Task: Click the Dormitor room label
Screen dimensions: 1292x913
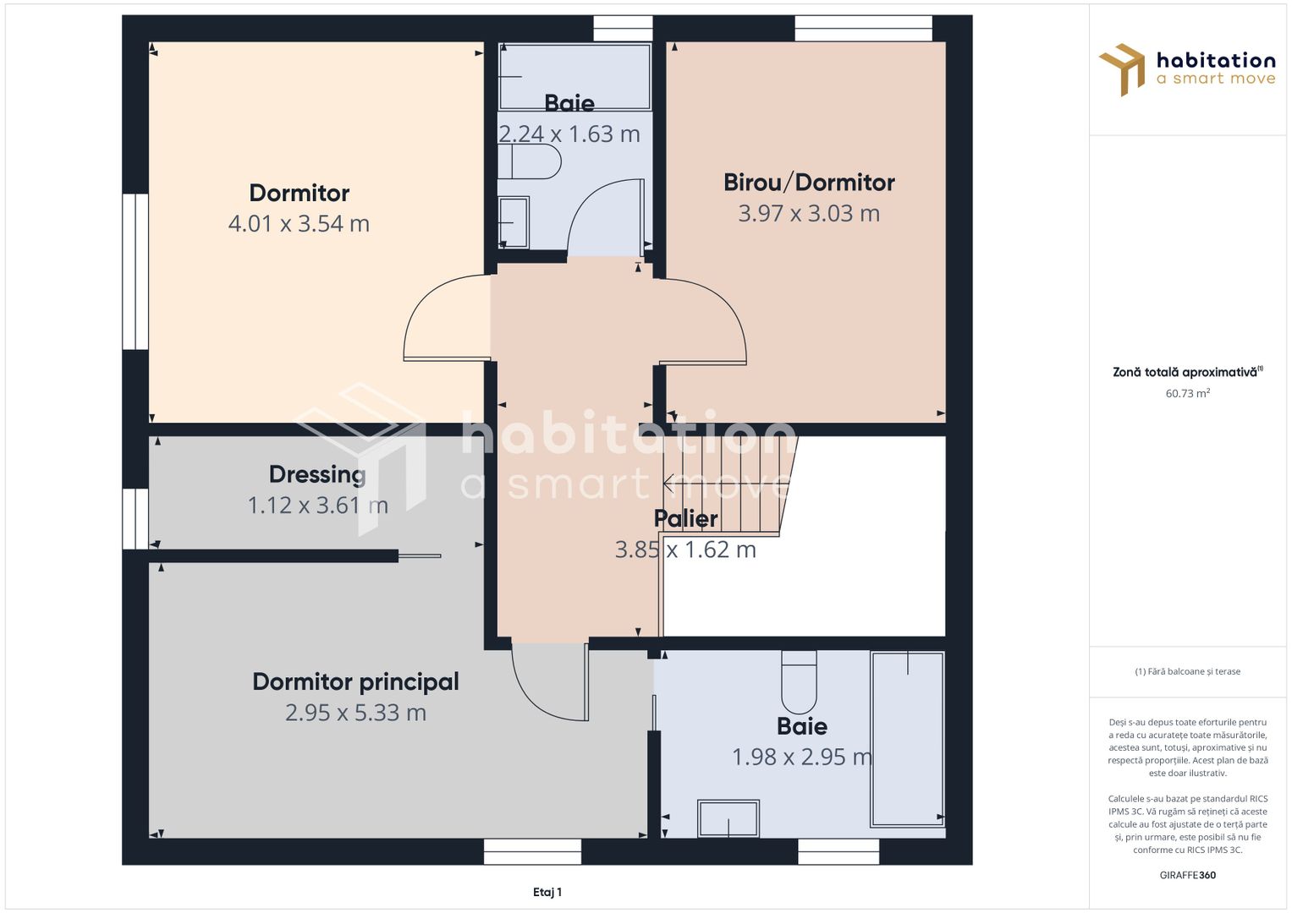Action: tap(299, 193)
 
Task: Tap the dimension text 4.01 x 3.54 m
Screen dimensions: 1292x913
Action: tap(299, 224)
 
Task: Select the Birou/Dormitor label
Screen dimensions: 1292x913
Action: tap(809, 183)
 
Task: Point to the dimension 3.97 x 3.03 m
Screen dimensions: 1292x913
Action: tap(809, 213)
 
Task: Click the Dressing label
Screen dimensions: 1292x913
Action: tap(317, 475)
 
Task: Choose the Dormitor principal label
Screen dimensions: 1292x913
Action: tap(356, 682)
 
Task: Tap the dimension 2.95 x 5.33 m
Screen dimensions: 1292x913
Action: tap(356, 713)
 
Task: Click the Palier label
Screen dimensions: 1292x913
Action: tap(686, 519)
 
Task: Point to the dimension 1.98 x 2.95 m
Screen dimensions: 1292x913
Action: tap(802, 757)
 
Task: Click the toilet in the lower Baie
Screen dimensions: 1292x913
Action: tap(799, 682)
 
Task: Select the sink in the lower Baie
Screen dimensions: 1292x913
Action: tap(728, 818)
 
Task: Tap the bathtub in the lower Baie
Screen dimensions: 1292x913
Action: tap(908, 739)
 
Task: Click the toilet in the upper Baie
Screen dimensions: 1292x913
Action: tap(530, 161)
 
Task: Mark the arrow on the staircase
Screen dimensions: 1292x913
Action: tap(723, 484)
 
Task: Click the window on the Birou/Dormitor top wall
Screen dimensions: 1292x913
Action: tap(863, 28)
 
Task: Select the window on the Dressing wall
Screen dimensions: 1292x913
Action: tap(135, 519)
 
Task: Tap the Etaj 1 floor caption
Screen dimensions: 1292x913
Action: tap(547, 892)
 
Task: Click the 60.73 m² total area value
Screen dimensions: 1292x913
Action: tap(1188, 393)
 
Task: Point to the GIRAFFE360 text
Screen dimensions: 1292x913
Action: tap(1188, 875)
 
